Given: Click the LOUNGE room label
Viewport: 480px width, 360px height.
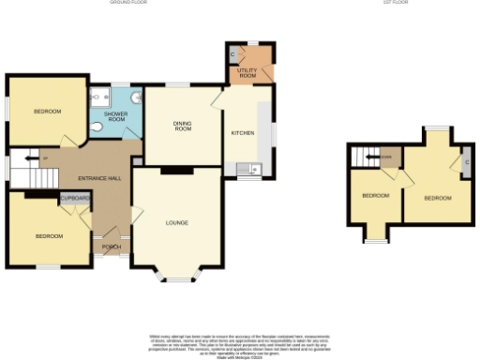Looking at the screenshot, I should click(x=176, y=222).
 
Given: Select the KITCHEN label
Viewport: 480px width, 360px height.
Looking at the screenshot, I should click(x=243, y=133).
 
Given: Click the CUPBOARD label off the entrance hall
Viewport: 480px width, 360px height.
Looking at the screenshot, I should click(x=75, y=199).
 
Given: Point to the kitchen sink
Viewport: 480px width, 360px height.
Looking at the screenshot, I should click(x=249, y=170).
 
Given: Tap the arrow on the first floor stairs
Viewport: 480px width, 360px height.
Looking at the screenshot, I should click(x=371, y=156).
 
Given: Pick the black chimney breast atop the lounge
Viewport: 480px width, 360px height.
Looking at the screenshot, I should click(x=172, y=171).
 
